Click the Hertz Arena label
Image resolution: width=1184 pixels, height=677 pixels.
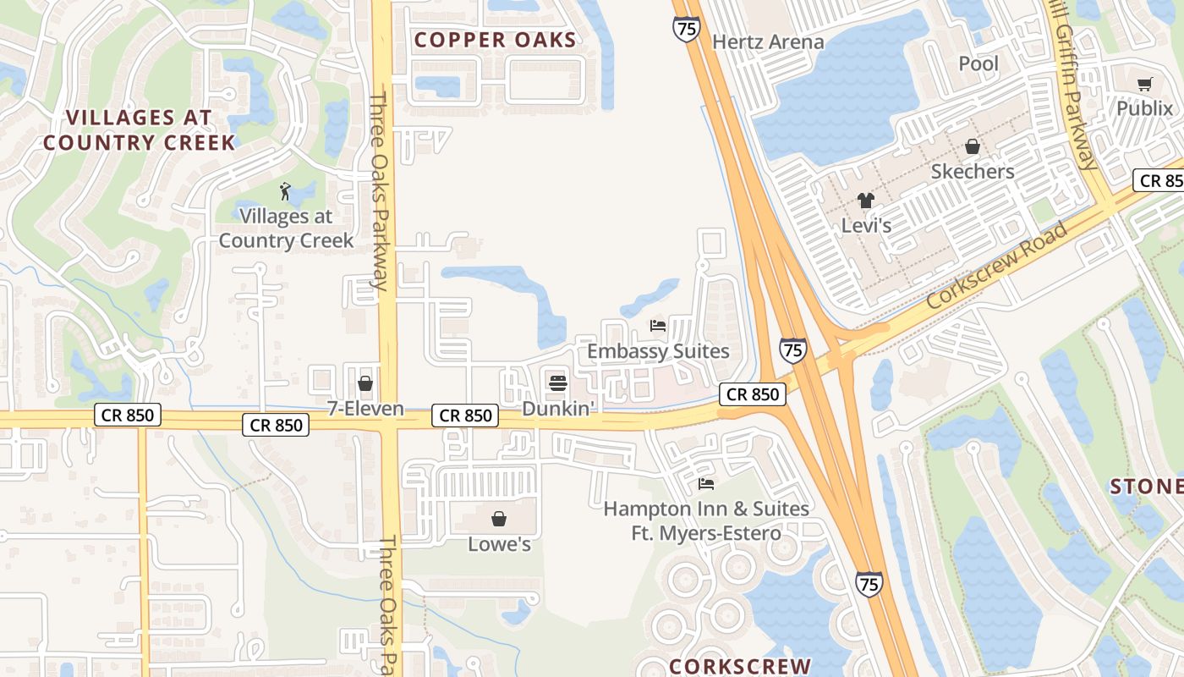click(768, 41)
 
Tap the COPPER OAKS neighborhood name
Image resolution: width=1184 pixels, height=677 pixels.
click(495, 40)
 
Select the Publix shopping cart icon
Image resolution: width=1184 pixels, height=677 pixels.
click(1144, 84)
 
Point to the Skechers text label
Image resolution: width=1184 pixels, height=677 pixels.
click(973, 172)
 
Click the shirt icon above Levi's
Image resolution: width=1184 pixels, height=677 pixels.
click(865, 201)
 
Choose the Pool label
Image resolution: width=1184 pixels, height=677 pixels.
click(978, 63)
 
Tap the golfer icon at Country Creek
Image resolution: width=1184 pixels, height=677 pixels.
click(286, 191)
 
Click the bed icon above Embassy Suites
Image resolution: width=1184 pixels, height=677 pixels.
click(658, 325)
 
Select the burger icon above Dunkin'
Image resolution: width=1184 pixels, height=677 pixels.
click(557, 383)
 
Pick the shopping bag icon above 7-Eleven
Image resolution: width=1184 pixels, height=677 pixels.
click(365, 383)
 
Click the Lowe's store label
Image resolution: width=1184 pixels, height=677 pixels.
click(500, 544)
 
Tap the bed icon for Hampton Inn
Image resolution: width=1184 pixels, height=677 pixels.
click(706, 484)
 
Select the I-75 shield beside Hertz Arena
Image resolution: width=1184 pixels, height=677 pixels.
click(686, 29)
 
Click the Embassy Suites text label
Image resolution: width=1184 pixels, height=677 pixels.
click(658, 350)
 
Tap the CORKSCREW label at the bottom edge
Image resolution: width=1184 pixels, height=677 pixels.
click(740, 667)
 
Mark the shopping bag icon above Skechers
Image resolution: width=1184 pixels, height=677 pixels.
click(973, 146)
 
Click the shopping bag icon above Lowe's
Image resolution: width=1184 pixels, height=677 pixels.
click(499, 518)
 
